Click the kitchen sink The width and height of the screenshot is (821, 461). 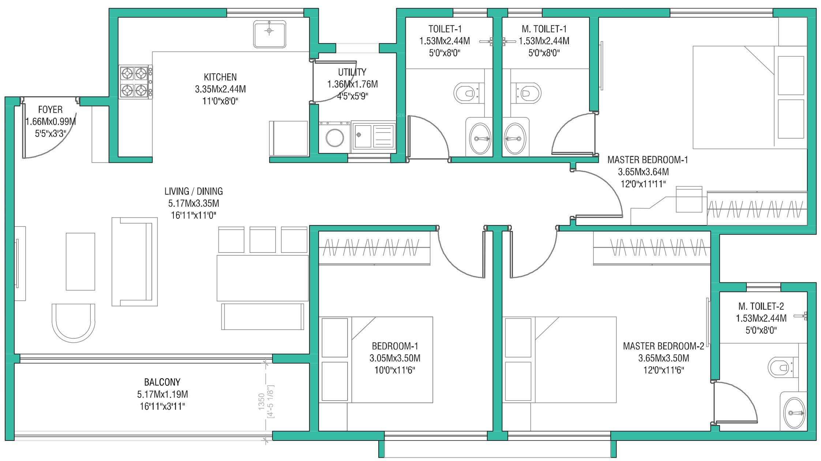pos(270,34)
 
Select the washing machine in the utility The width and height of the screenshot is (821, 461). pos(334,137)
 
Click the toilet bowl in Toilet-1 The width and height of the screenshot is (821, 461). pos(469,93)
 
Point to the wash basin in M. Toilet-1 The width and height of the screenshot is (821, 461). pos(515,139)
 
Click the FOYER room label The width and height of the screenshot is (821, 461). pos(50,109)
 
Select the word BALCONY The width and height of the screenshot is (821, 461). pos(162,382)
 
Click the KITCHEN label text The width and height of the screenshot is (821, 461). pos(220,77)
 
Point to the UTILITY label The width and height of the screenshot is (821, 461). pos(352,72)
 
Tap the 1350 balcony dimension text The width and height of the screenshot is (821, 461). pos(262,401)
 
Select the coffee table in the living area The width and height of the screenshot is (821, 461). pos(80,262)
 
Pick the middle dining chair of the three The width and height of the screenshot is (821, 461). pos(263,240)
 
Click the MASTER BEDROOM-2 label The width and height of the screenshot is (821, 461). pos(663,346)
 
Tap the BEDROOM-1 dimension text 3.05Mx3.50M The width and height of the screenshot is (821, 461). pos(395,358)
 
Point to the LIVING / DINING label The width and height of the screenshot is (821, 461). pos(194,191)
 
